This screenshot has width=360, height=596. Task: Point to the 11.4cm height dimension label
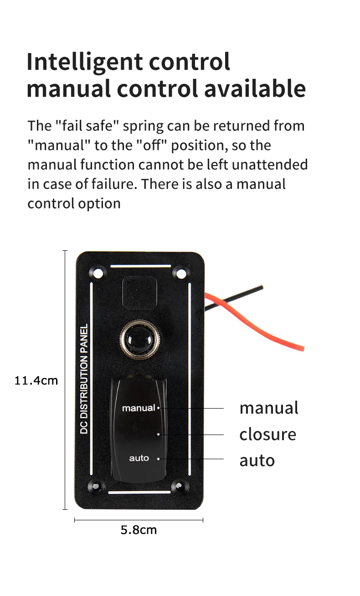pos(36,380)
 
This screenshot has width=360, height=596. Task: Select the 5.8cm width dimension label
pos(139,530)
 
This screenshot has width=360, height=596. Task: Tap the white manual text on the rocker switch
pos(139,408)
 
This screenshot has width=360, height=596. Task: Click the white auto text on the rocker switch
pos(139,458)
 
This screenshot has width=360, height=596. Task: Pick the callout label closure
pos(267,434)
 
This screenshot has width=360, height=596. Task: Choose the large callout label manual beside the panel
pos(269,408)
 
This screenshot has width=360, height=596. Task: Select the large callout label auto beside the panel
pos(257,460)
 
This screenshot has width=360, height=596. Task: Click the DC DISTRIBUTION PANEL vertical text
pos(84,378)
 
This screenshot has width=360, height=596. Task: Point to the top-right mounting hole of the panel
pos(181,274)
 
